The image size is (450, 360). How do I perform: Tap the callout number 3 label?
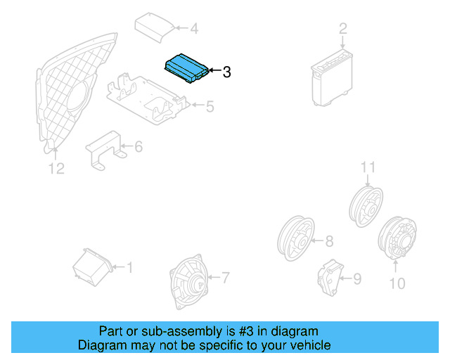(x=226, y=72)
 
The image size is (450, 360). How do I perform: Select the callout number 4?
(x=194, y=29)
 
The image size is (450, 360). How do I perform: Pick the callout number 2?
(x=343, y=28)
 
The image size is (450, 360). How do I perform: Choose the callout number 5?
(x=210, y=107)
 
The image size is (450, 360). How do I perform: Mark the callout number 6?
(x=139, y=147)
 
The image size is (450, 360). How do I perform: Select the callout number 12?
(x=56, y=168)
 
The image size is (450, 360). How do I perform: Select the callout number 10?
(x=397, y=283)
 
